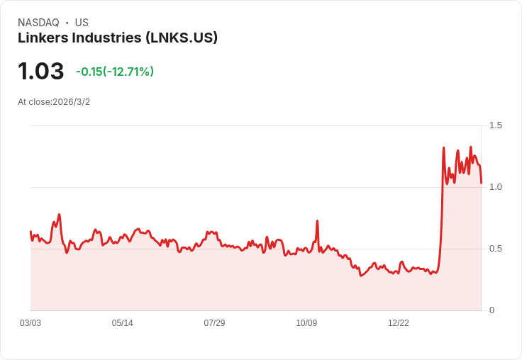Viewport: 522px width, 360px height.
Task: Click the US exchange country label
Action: (82, 23)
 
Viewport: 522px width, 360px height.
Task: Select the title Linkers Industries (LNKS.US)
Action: (118, 38)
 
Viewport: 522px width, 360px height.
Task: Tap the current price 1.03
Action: (41, 71)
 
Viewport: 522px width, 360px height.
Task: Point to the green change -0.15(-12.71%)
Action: (115, 72)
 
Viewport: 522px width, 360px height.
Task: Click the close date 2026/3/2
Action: (72, 102)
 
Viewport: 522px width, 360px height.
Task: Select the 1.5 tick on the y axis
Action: (496, 125)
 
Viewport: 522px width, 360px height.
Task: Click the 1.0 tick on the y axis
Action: (496, 187)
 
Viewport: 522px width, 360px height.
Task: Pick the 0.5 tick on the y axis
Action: (496, 249)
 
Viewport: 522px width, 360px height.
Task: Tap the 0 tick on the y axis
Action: (492, 310)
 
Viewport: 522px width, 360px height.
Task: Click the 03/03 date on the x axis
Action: (30, 323)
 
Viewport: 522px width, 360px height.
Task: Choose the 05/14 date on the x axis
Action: (122, 323)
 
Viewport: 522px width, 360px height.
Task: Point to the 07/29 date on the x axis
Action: (214, 323)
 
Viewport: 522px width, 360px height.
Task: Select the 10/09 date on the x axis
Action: (306, 323)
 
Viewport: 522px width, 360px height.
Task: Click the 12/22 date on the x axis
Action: (399, 323)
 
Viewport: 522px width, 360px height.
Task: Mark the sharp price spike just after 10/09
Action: (317, 221)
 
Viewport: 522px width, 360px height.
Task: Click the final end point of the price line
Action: (481, 183)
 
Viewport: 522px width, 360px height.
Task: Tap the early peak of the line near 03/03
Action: (59, 214)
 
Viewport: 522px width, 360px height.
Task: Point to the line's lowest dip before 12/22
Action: (361, 275)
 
